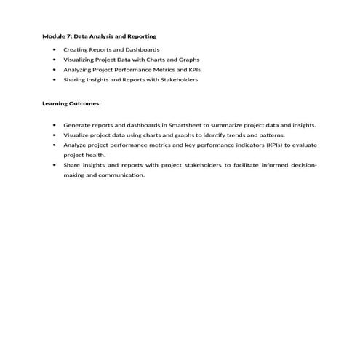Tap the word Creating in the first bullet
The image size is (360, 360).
[x=76, y=49]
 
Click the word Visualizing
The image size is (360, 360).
[x=79, y=59]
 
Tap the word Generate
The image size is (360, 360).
[x=77, y=124]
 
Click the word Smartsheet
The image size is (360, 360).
[x=185, y=124]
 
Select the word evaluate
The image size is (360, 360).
[x=303, y=145]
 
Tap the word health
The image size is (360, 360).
[x=95, y=155]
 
